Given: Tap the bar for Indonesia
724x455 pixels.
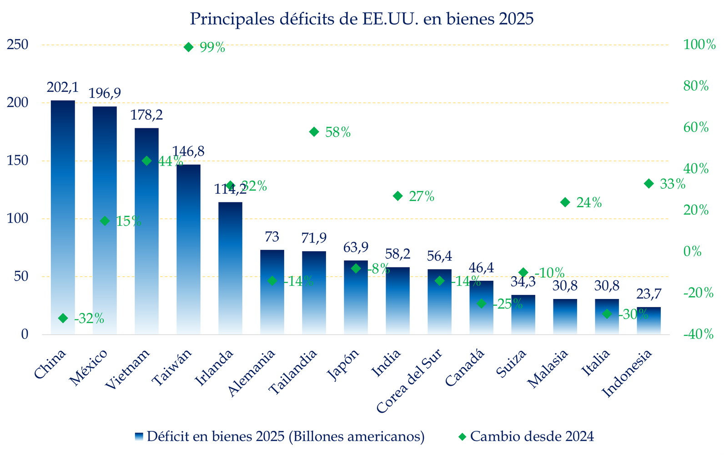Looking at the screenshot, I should [649, 321].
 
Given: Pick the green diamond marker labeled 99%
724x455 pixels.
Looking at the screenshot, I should [189, 47].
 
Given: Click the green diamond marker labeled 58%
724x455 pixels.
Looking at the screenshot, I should [314, 132].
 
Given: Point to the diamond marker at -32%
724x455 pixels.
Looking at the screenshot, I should [63, 318].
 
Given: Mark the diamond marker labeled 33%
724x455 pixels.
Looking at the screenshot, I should [649, 183].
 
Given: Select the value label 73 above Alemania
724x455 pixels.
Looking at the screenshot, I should [272, 237].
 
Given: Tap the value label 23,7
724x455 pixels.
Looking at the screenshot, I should [649, 294].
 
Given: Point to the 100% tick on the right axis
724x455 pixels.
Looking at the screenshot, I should [699, 45].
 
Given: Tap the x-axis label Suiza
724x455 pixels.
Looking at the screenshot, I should [512, 364].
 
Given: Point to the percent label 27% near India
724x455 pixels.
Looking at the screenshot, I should [422, 197].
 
